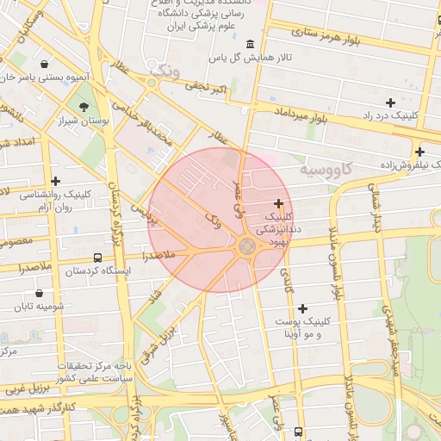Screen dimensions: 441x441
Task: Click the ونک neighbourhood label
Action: pos(165,71)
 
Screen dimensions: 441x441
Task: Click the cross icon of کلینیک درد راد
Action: pos(391,102)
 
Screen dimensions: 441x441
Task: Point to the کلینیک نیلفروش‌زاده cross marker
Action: pos(419,152)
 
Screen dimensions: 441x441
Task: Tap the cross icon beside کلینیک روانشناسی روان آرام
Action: pos(56,181)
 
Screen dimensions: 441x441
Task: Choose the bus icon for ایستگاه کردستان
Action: pos(96,258)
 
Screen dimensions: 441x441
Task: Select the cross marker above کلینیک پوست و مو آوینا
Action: pos(302,308)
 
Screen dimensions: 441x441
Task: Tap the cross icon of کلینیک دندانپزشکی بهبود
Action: pos(278,203)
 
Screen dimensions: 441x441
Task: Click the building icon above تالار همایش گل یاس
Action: pos(250,44)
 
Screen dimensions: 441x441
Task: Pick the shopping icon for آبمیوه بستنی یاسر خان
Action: pos(44,64)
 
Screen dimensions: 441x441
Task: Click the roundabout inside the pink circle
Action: pos(245,246)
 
